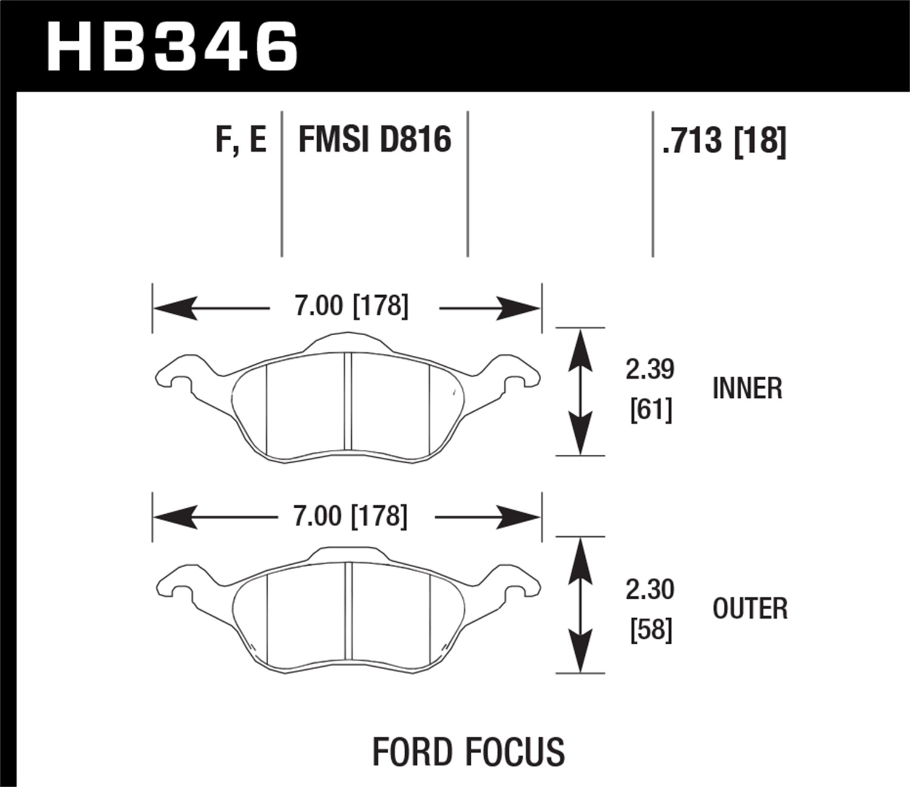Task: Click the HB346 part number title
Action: tap(172, 45)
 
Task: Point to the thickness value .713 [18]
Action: tap(724, 141)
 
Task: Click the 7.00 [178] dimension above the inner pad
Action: tap(351, 306)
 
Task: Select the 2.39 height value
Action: tap(650, 369)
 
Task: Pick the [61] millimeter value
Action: tap(651, 411)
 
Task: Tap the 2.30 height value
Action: tap(650, 589)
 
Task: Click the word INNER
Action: tap(747, 389)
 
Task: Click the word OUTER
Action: tap(750, 608)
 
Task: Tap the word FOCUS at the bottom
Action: tap(516, 752)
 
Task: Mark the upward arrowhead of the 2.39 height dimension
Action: tap(581, 346)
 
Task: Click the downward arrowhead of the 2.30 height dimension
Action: tap(581, 653)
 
